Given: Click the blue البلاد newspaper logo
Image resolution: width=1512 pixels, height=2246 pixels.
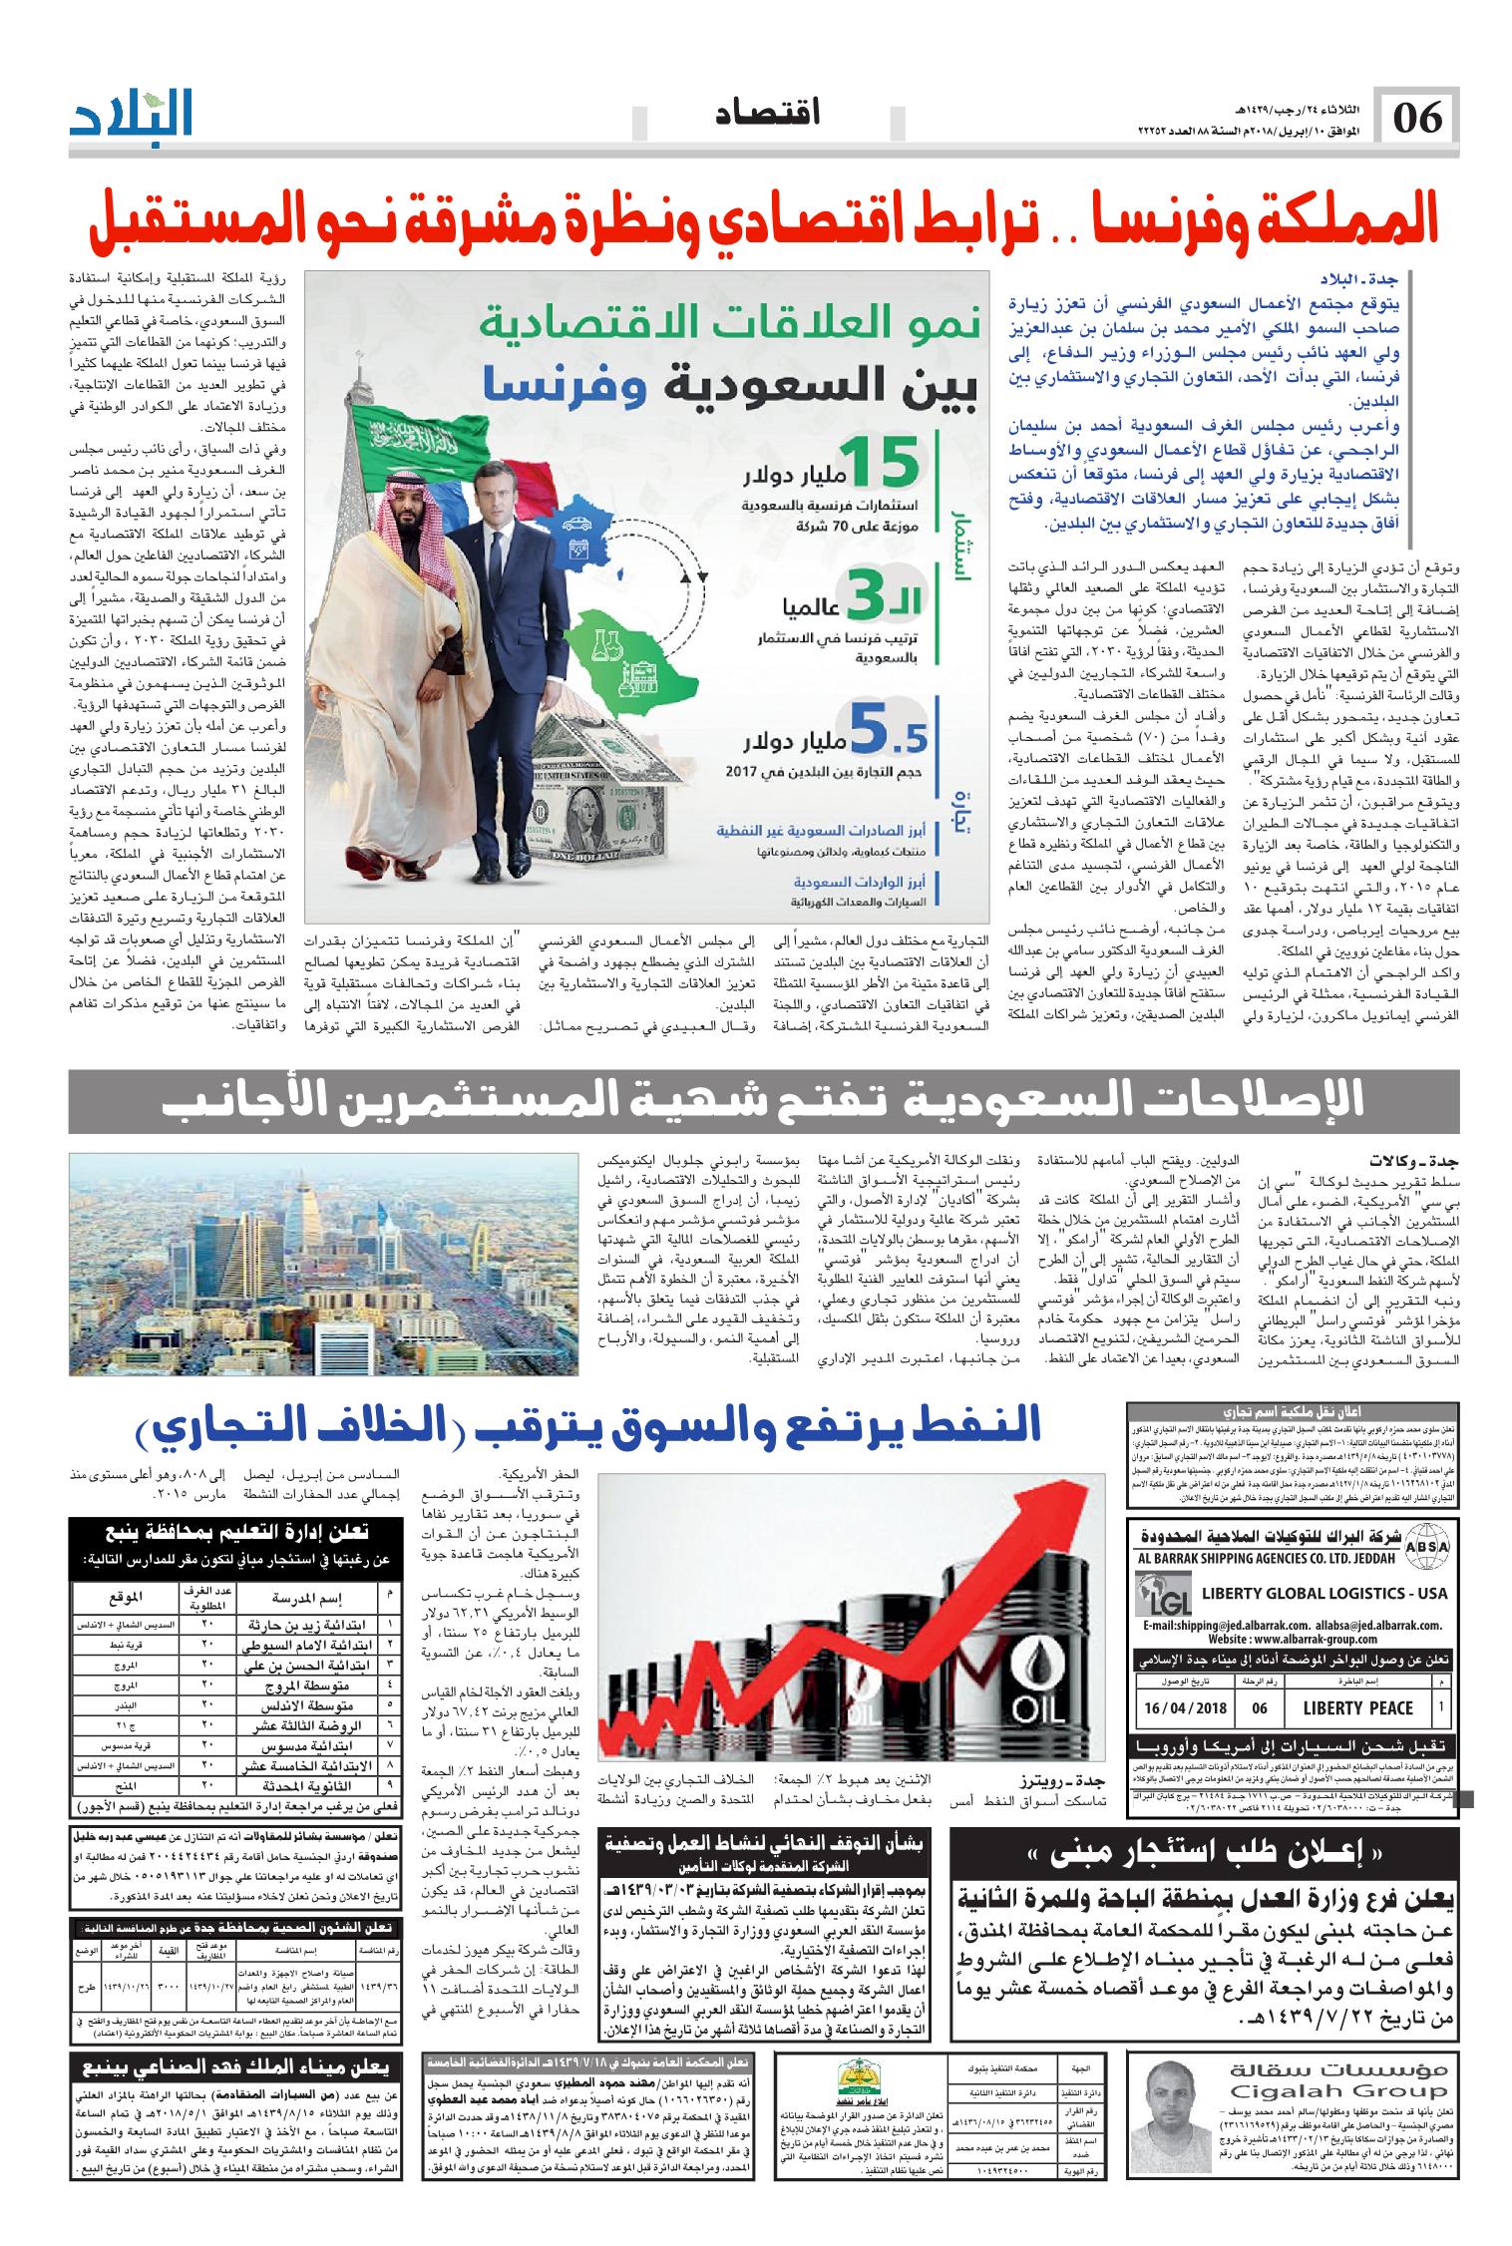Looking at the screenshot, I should pos(132,116).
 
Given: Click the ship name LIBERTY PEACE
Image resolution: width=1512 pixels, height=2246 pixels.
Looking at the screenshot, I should pos(1357,1707).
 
